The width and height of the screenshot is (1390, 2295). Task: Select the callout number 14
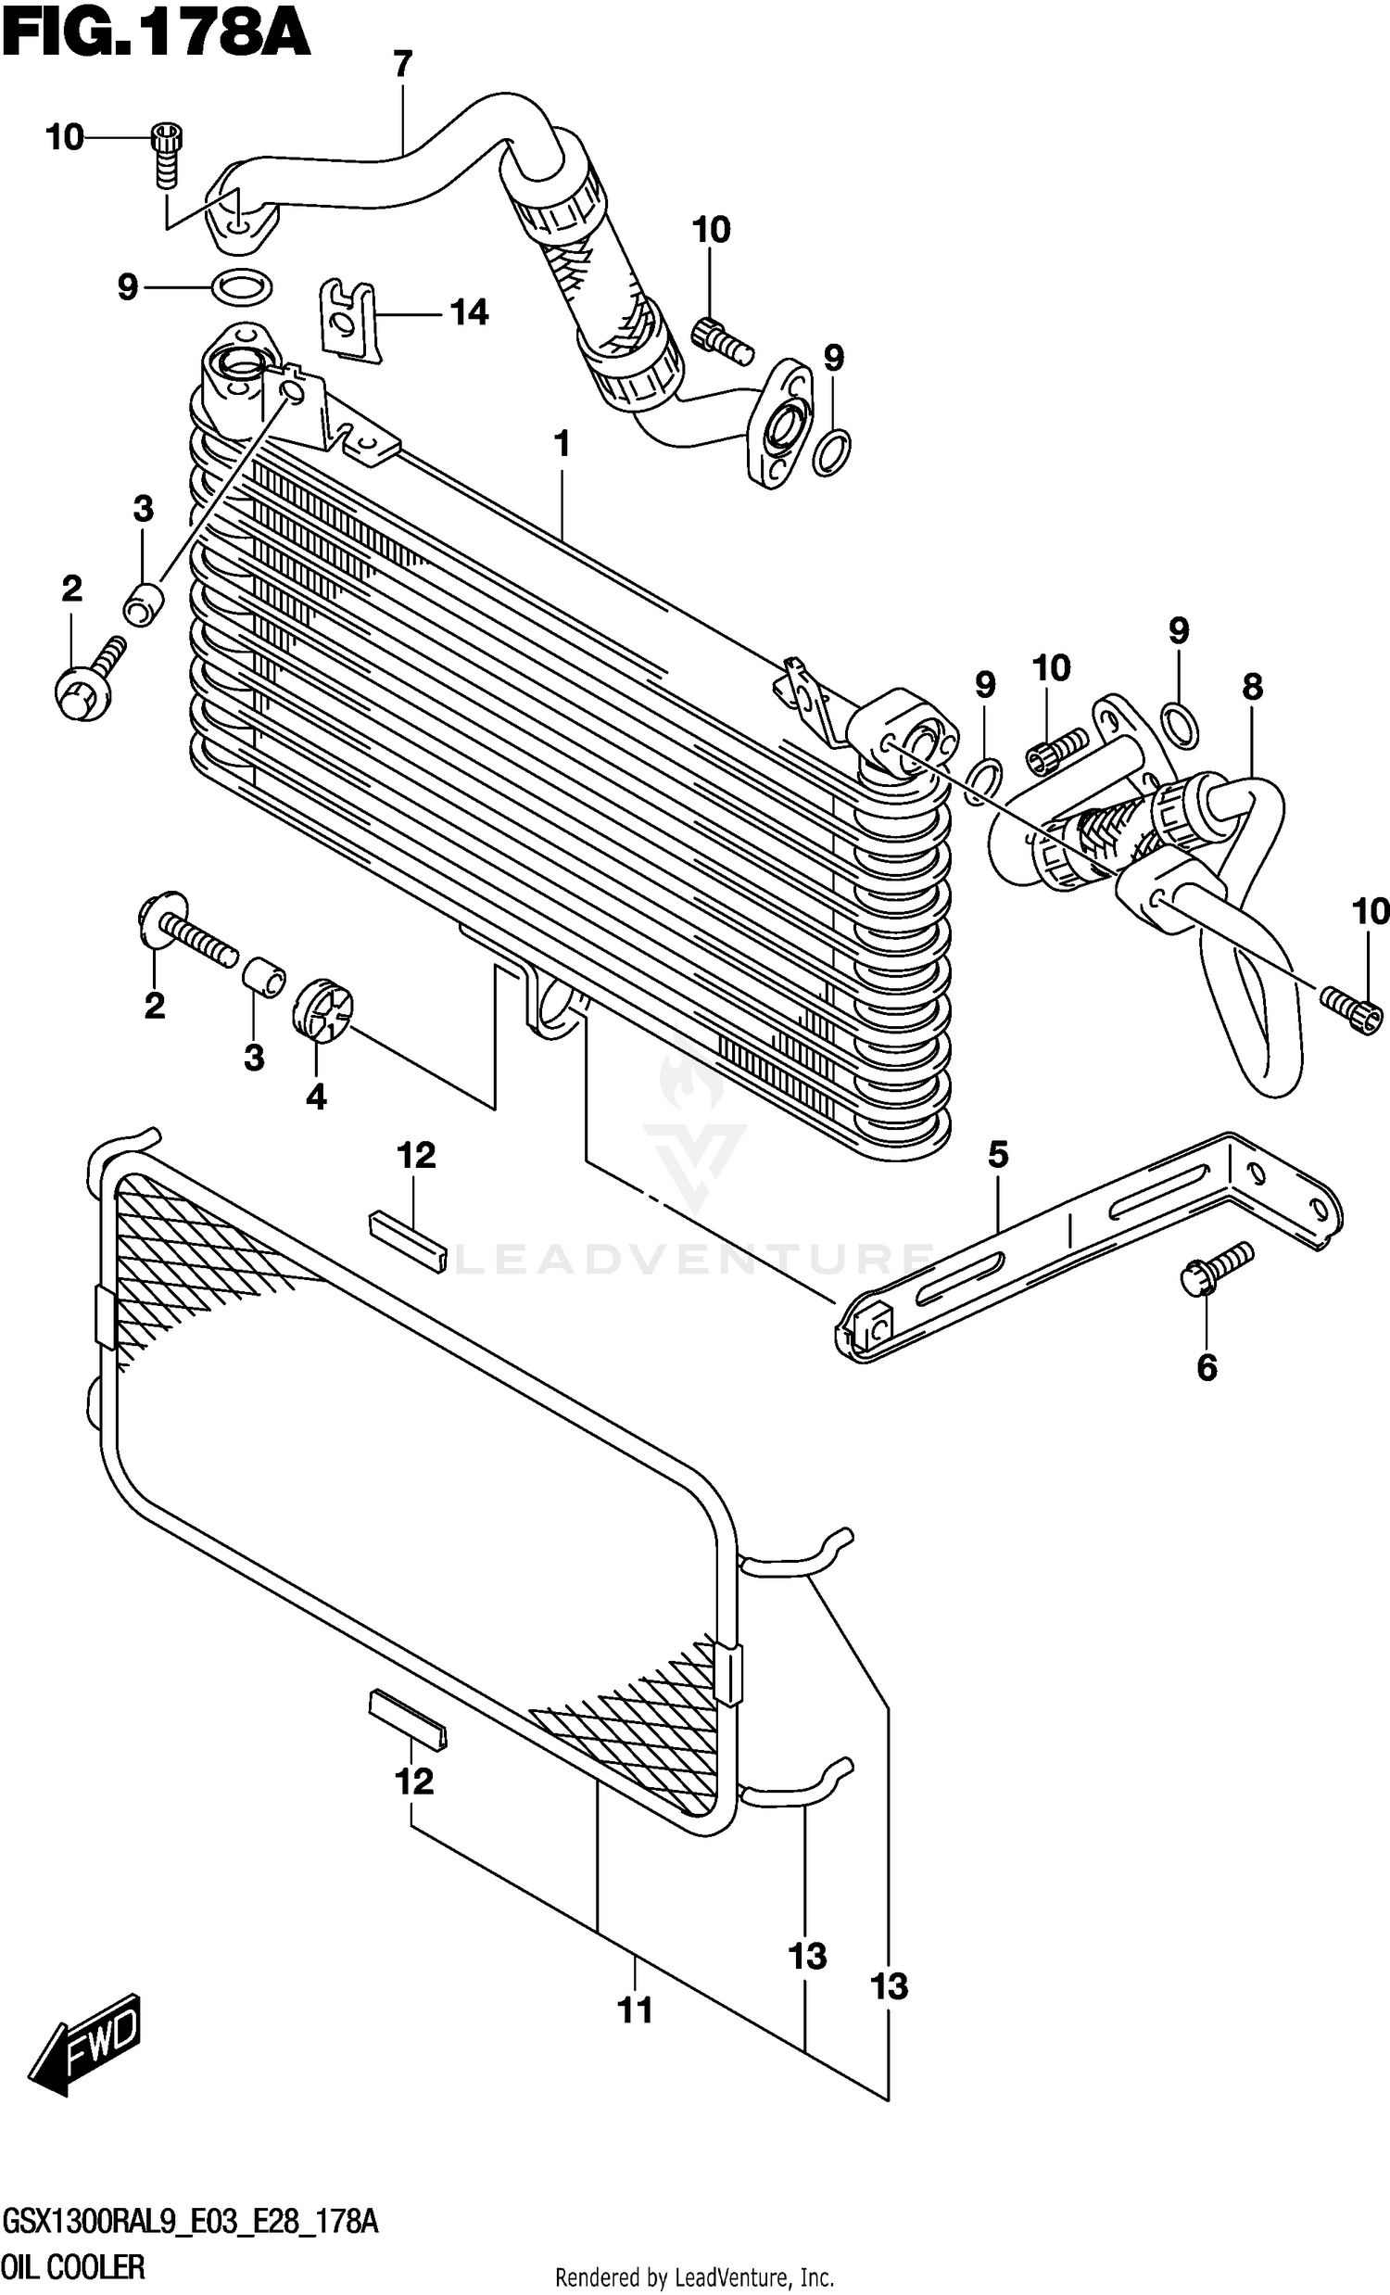click(469, 313)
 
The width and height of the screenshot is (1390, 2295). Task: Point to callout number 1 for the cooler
click(562, 445)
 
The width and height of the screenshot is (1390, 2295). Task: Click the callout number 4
click(317, 1097)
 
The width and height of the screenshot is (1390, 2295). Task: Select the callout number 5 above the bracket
click(997, 1155)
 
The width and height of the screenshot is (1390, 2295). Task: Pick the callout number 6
click(1206, 1367)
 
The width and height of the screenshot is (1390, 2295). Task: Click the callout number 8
click(1252, 688)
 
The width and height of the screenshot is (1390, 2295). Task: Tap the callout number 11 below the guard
click(636, 2011)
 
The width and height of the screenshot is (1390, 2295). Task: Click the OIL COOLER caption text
click(73, 2268)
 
